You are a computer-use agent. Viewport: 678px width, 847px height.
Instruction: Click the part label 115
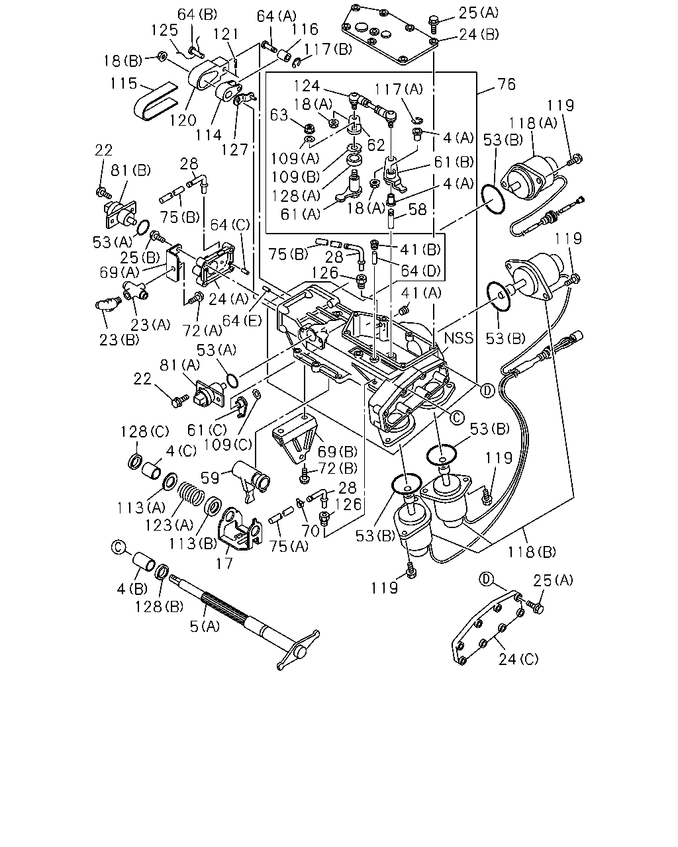tap(123, 83)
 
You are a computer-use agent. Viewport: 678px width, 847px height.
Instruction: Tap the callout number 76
tap(506, 84)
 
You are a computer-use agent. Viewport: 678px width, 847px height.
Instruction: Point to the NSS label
tap(459, 338)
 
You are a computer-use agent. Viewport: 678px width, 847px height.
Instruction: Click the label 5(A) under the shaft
tap(205, 626)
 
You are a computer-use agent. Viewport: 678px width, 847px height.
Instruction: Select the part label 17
tap(224, 564)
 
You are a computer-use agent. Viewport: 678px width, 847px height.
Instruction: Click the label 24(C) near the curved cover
tap(518, 659)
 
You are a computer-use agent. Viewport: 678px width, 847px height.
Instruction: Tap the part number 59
tap(210, 478)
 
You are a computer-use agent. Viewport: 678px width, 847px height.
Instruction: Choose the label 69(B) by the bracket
tap(338, 451)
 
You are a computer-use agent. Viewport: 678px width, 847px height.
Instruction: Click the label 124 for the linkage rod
tap(307, 86)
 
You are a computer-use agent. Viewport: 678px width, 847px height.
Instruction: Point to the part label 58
tap(418, 210)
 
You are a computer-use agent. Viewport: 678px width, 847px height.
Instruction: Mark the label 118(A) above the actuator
tap(533, 123)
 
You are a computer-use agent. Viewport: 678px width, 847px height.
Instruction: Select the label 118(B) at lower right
tap(532, 552)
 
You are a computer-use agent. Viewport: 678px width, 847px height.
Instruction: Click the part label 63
tap(279, 115)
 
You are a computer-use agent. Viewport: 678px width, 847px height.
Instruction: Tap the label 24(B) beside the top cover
tap(479, 34)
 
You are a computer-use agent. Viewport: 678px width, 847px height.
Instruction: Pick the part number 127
tap(234, 150)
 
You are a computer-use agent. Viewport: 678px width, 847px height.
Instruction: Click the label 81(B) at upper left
tap(130, 171)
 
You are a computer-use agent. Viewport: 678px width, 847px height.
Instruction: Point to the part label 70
tap(310, 531)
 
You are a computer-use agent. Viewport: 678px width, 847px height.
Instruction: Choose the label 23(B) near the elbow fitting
tap(119, 339)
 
